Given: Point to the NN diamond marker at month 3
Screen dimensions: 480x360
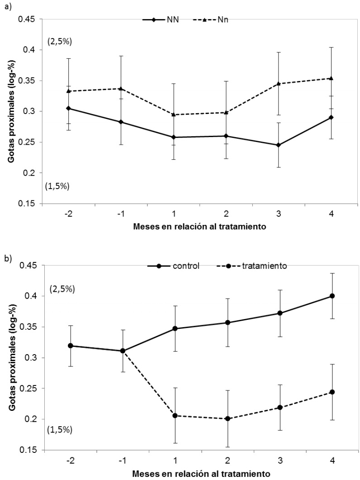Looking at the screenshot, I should [279, 145].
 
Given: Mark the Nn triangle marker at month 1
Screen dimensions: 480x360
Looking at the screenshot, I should [174, 114].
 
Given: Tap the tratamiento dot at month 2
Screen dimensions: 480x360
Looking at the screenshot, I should [226, 418].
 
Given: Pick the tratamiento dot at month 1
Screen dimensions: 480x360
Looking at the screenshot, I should [174, 415].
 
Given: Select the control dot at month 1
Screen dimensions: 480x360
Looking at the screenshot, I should [174, 328].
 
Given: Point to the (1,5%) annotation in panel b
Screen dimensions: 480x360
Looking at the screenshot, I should [59, 428].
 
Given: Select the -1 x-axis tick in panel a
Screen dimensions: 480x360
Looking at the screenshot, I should [121, 214].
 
